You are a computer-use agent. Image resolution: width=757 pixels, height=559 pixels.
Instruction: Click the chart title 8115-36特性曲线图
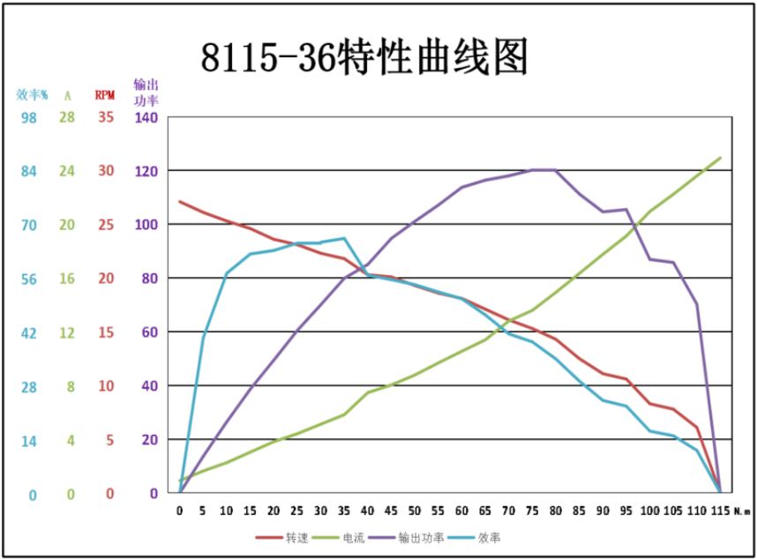pos(364,58)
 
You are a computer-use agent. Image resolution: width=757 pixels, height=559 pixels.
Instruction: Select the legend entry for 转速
pos(296,537)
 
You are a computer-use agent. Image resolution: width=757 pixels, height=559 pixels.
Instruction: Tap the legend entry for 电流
pos(354,537)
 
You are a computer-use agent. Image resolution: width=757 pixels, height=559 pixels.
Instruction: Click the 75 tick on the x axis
pos(532,511)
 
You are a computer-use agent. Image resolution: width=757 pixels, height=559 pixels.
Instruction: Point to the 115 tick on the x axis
pos(720,511)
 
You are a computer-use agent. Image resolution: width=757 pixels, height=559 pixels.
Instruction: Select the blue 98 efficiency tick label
pos(29,117)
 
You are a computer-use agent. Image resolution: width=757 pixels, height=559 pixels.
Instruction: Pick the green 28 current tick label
pos(67,117)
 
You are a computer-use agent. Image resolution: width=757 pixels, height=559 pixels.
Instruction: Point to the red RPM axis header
pos(105,94)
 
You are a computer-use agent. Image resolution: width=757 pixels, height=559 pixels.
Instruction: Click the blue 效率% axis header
pos(32,94)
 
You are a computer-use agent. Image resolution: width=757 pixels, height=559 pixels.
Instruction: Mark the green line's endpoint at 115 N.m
pos(721,158)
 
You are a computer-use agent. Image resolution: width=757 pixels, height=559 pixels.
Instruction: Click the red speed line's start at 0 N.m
pos(180,201)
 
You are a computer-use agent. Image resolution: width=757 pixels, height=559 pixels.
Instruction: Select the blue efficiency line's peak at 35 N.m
pos(344,238)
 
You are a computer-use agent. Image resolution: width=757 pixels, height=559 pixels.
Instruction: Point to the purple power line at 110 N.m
pos(697,304)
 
